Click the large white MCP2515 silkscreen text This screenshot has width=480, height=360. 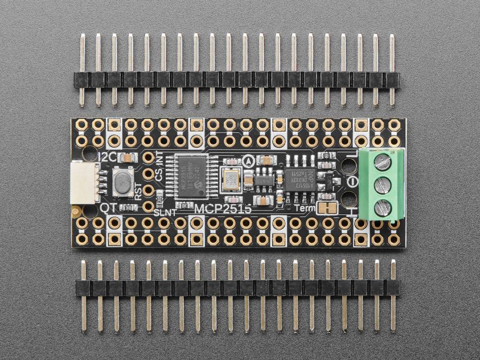[222, 209]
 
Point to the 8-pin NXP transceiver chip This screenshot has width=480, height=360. [300, 178]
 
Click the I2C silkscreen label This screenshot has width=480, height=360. [108, 158]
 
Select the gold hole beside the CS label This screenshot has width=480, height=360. [148, 174]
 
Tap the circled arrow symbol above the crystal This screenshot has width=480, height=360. [248, 161]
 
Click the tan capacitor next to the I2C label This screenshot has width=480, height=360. [129, 158]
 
